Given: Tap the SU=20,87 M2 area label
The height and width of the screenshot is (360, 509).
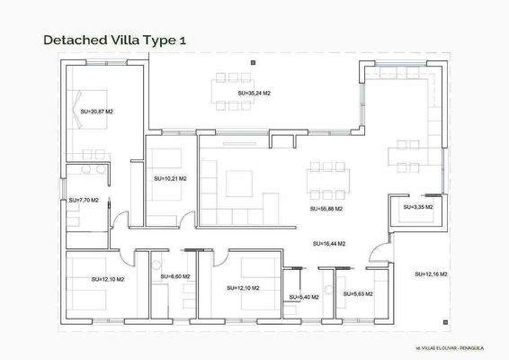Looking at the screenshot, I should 96,112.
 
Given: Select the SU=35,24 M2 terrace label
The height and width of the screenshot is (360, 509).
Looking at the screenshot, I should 254,93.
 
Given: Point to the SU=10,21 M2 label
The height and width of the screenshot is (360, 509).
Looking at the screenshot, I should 170,179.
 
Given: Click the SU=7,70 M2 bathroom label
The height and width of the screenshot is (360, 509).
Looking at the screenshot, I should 84,201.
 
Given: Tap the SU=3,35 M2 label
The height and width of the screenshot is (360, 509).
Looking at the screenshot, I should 416,207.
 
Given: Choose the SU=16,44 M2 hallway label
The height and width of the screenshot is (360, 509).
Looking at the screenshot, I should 329,243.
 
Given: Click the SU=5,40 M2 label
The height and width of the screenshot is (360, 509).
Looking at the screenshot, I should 304,297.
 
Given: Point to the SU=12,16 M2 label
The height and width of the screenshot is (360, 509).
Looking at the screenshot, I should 432,274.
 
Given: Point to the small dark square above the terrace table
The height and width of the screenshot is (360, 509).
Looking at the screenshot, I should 254,62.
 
